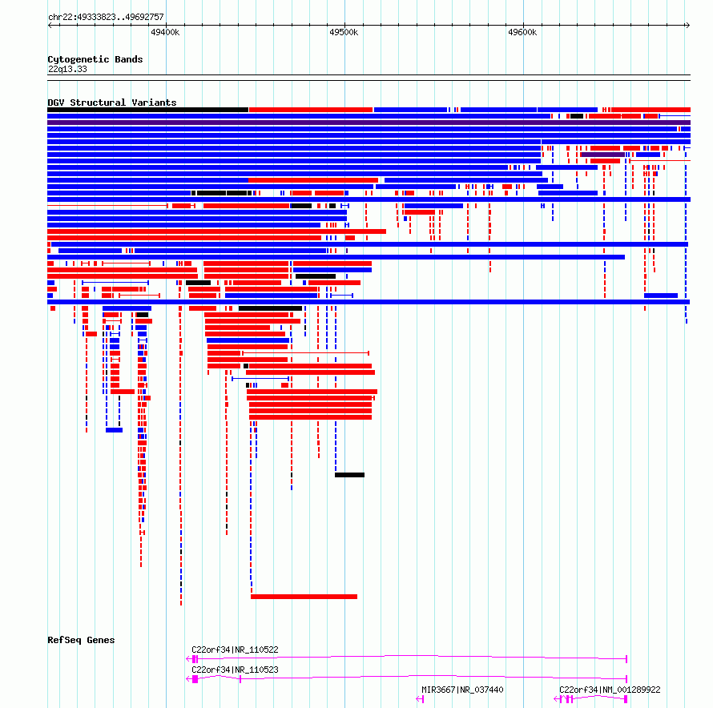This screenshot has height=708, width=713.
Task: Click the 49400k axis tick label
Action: pyautogui.click(x=165, y=32)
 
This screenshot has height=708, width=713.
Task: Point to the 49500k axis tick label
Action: pyautogui.click(x=344, y=32)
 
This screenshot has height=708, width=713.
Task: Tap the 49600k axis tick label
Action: pyautogui.click(x=522, y=32)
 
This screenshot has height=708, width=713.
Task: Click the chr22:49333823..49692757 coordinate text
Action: pyautogui.click(x=106, y=17)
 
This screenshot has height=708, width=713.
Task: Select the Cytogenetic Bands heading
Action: pyautogui.click(x=95, y=59)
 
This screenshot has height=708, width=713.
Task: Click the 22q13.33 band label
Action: pyautogui.click(x=67, y=69)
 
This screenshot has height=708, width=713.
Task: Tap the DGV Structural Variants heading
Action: pyautogui.click(x=112, y=103)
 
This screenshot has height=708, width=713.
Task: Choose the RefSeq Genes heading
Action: pyautogui.click(x=81, y=640)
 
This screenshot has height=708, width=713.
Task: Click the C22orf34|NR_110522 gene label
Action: pyautogui.click(x=235, y=650)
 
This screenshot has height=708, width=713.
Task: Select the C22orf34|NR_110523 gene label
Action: pyautogui.click(x=235, y=670)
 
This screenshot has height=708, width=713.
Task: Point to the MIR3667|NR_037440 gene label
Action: pyautogui.click(x=462, y=690)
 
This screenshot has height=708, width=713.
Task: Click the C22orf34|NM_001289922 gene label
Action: pyautogui.click(x=610, y=690)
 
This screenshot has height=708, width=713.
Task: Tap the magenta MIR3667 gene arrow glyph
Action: pyautogui.click(x=420, y=699)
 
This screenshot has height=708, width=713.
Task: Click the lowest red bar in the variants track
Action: pyautogui.click(x=304, y=597)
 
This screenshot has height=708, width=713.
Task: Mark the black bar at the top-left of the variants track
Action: pyautogui.click(x=147, y=110)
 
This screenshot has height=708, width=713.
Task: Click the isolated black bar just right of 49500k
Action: pyautogui.click(x=349, y=475)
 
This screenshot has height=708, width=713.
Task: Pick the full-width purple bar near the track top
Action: pyautogui.click(x=369, y=123)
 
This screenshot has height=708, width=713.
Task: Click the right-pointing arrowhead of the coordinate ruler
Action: pyautogui.click(x=688, y=25)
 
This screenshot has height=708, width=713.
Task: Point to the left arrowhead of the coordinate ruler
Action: pyautogui.click(x=50, y=25)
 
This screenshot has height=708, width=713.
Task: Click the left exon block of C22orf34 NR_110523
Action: pyautogui.click(x=195, y=679)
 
